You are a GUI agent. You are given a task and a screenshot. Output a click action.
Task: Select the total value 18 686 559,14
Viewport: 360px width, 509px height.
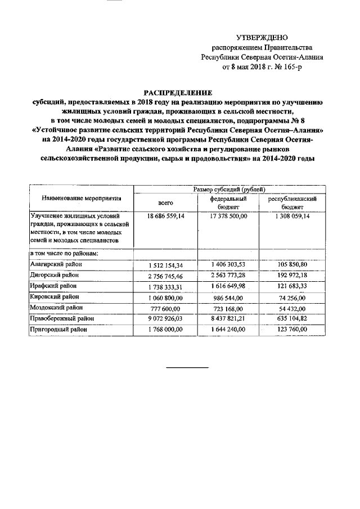[x=165, y=216]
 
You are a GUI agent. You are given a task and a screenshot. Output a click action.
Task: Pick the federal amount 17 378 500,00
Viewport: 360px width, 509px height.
[x=228, y=216]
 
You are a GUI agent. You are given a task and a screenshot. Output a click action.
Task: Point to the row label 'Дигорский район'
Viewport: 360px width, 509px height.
[x=54, y=275]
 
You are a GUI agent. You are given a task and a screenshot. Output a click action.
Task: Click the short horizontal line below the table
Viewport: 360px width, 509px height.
[x=187, y=368]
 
